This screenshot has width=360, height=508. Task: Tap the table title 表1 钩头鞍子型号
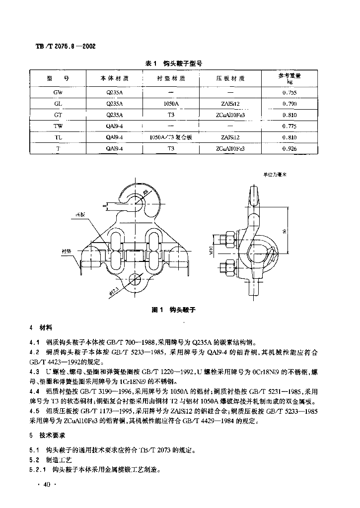(x=173, y=63)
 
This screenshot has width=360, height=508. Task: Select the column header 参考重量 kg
(x=289, y=78)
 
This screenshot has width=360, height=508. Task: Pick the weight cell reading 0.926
(x=289, y=148)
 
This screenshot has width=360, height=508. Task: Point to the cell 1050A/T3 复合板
(x=170, y=137)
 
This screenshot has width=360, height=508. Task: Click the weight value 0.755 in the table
(x=289, y=93)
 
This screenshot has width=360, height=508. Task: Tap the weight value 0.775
(x=289, y=126)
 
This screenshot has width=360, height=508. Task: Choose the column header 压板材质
(x=230, y=78)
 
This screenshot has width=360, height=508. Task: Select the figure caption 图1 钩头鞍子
(x=173, y=310)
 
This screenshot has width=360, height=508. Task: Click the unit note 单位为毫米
(x=277, y=174)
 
